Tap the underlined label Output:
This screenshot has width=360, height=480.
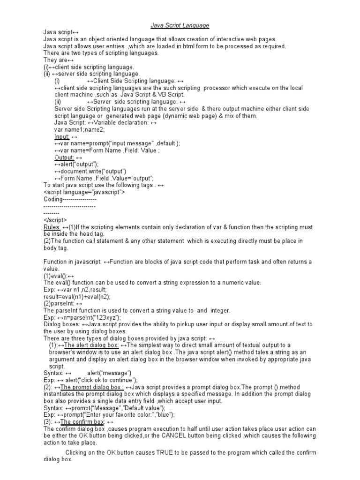click(64, 157)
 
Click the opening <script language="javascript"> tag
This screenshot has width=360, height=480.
click(84, 192)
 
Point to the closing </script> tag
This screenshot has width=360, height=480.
click(55, 220)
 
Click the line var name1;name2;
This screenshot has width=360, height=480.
click(80, 129)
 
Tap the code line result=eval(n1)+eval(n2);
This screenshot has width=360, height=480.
click(77, 296)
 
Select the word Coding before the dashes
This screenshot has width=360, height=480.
click(52, 199)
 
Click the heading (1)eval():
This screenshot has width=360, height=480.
click(57, 276)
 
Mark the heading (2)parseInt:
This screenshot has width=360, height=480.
click(61, 303)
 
